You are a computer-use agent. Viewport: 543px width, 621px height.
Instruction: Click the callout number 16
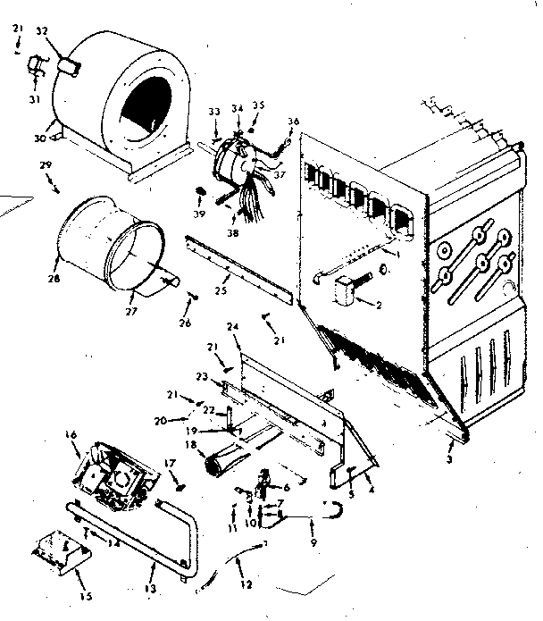(x=71, y=435)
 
